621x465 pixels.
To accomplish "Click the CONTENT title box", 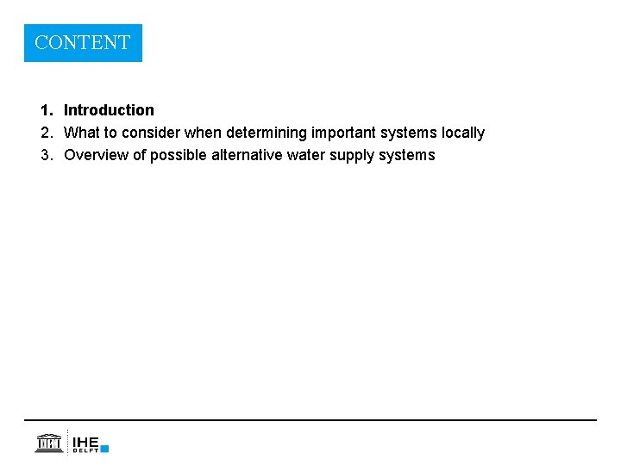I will pos(83,42).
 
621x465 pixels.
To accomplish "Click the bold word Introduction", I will pos(109,110).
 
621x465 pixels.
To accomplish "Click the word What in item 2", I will pos(82,133).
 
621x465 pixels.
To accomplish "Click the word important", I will pos(341,133).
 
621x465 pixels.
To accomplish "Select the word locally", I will pos(463,133).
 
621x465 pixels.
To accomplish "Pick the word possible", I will pos(179,155).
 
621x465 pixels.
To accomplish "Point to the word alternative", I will pos(247,155).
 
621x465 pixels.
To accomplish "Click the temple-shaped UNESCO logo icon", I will pos(48,443).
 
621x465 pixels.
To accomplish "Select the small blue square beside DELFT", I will pos(104,449).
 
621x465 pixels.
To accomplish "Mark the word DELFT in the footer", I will pos(85,450).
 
